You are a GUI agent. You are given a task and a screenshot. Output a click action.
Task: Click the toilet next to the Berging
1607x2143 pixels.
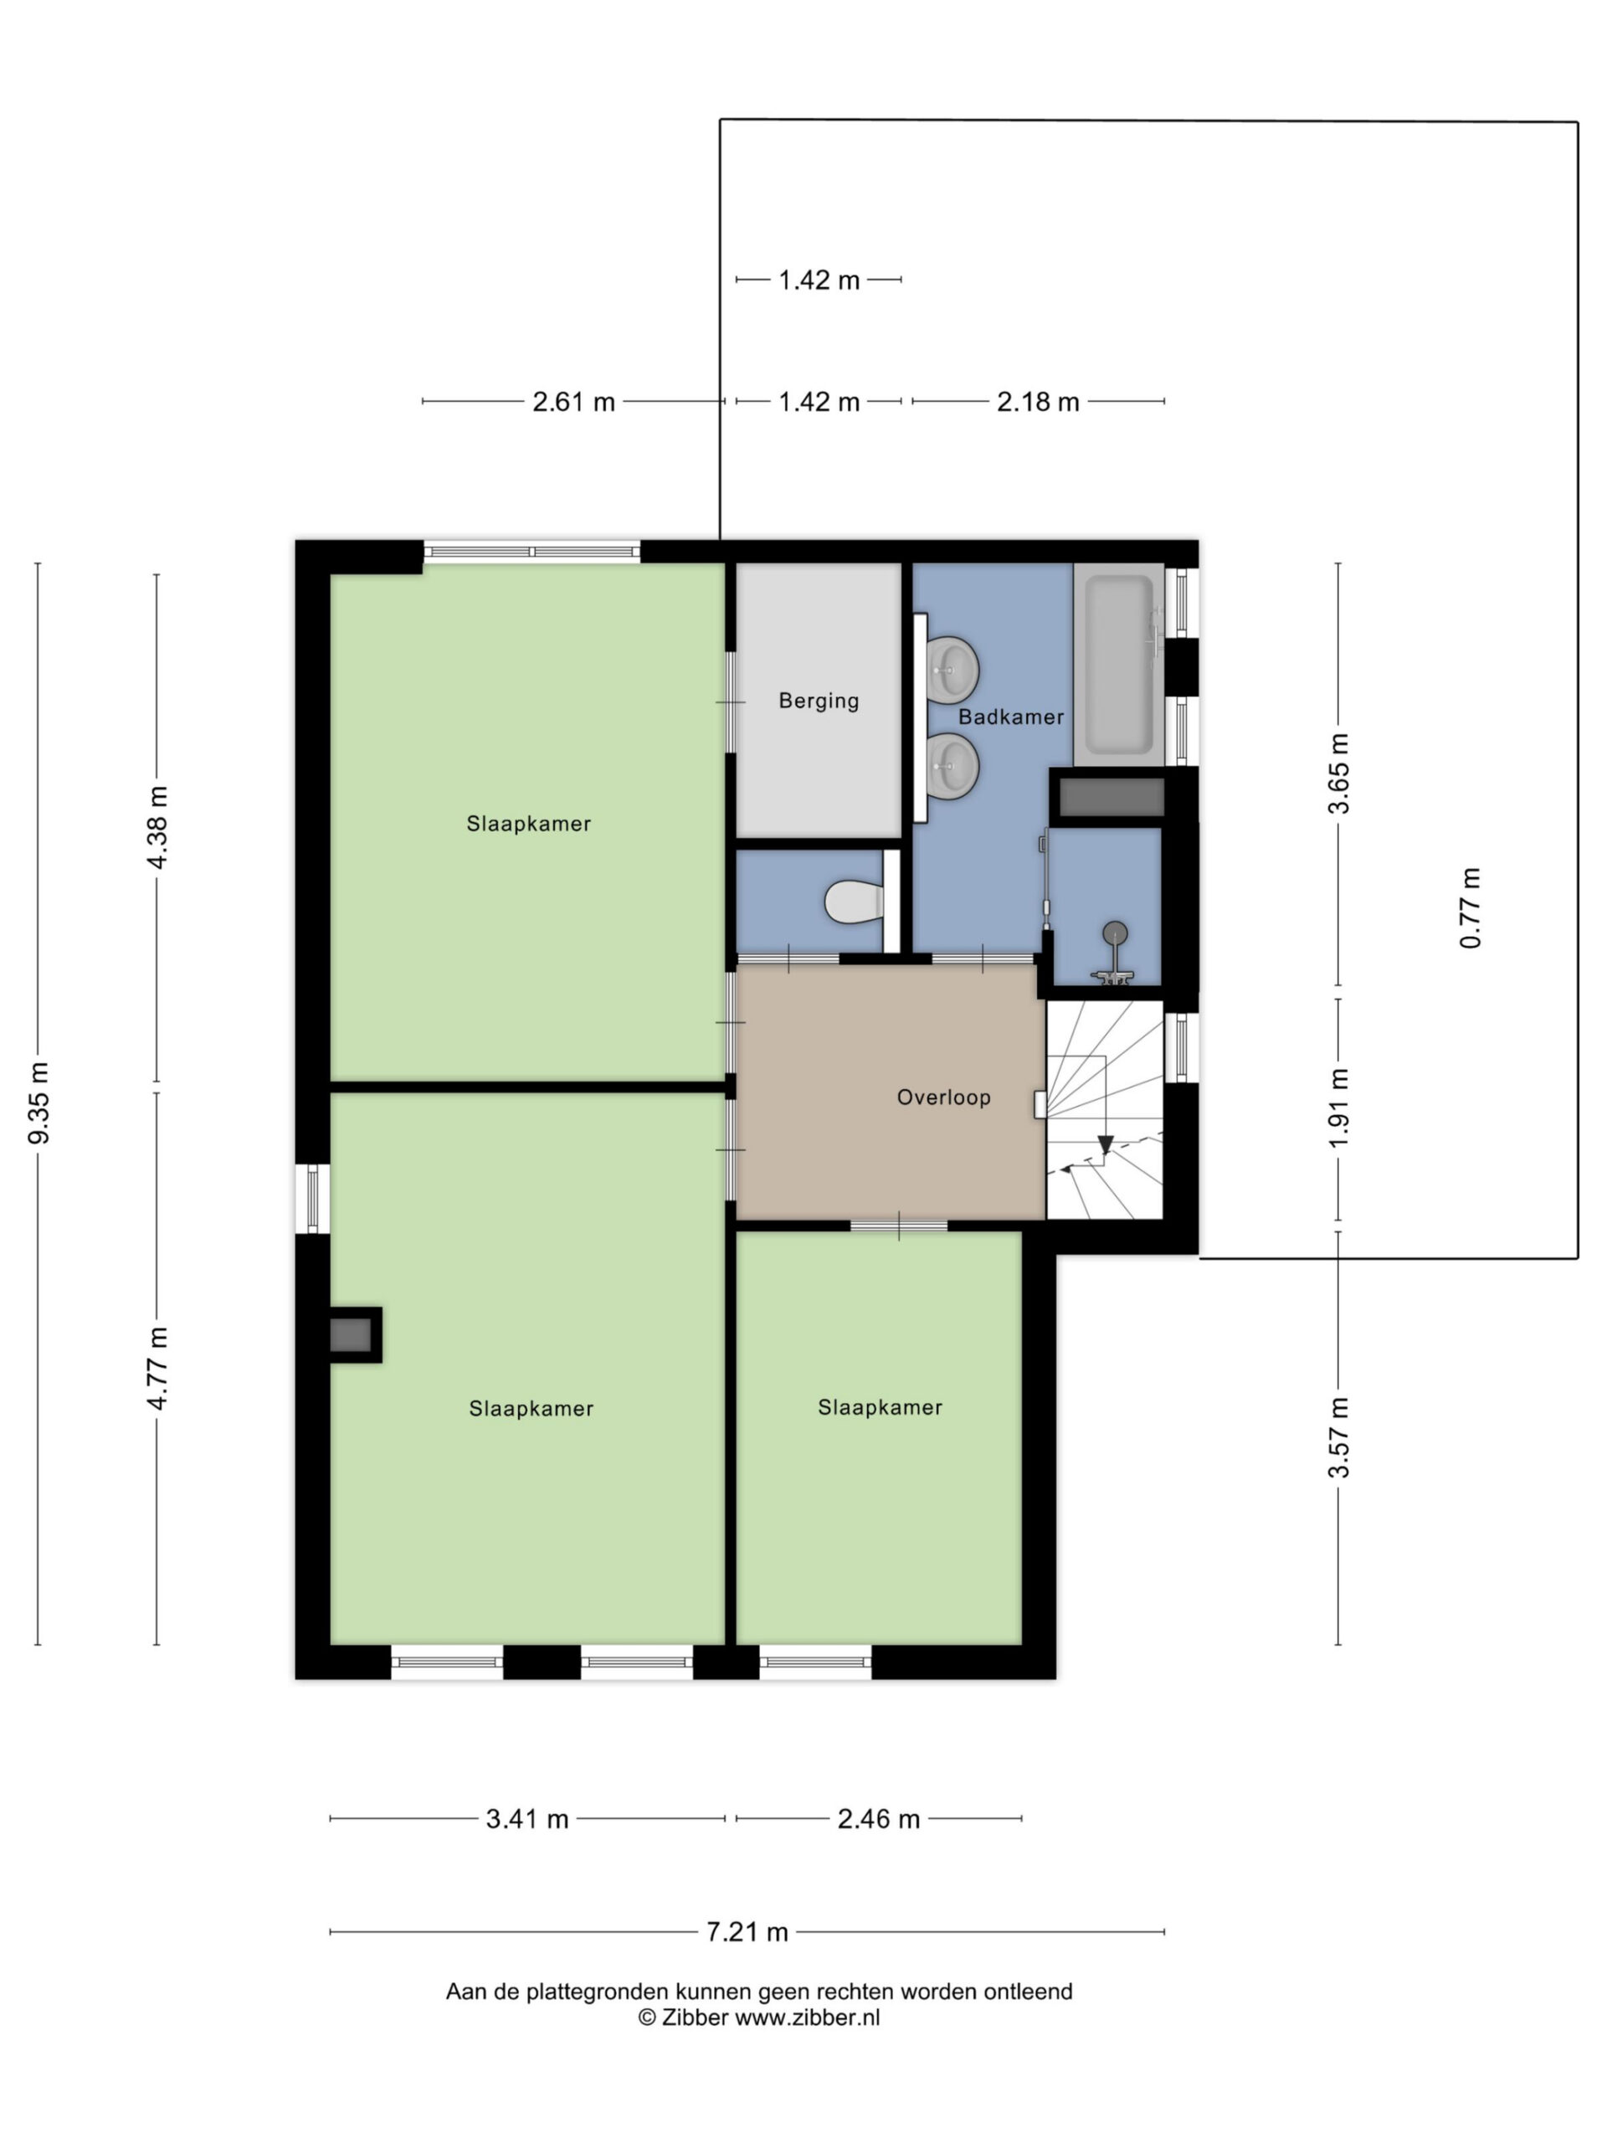855,901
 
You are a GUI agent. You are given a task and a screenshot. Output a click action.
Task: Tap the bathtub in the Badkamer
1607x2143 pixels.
1120,664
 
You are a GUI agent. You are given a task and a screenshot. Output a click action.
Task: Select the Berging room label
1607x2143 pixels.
819,701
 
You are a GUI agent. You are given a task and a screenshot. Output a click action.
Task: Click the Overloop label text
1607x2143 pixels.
943,1097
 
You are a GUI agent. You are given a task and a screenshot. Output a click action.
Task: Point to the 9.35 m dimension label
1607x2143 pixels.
38,1102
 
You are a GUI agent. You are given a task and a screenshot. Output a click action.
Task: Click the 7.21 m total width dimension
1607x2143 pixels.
747,1932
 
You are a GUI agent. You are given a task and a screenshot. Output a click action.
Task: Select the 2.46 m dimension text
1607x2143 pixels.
879,1818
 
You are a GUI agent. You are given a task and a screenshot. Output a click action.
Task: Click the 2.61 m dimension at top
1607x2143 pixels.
573,401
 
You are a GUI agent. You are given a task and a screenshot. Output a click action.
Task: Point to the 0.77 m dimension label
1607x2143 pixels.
1471,907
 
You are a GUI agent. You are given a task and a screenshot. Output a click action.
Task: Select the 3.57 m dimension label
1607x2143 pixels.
1338,1437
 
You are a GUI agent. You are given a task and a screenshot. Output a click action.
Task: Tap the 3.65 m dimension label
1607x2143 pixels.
1338,773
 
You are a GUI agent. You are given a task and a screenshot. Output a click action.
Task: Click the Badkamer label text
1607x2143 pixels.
1010,717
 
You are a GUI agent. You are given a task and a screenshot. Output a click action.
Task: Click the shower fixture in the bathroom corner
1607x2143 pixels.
1114,954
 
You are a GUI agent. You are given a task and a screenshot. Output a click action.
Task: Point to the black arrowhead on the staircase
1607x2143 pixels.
1106,1146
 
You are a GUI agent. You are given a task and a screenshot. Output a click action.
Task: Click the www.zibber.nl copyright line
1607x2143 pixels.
758,2018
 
